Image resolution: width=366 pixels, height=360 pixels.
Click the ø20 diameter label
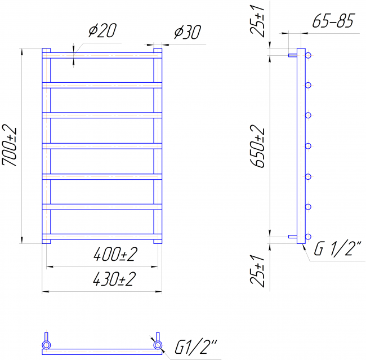coord(102,30)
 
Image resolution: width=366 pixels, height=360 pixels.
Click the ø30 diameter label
coord(187,32)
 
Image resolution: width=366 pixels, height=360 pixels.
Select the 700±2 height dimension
coord(10,146)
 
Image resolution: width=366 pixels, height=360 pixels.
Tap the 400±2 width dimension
coord(115,255)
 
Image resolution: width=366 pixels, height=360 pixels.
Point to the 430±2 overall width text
coord(114,279)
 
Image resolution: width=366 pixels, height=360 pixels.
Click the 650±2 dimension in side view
coord(257,146)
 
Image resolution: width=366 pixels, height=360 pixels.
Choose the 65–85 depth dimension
coord(334,21)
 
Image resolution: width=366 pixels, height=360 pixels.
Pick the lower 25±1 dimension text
coord(257,271)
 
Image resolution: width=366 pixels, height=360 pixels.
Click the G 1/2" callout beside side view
coord(337,248)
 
